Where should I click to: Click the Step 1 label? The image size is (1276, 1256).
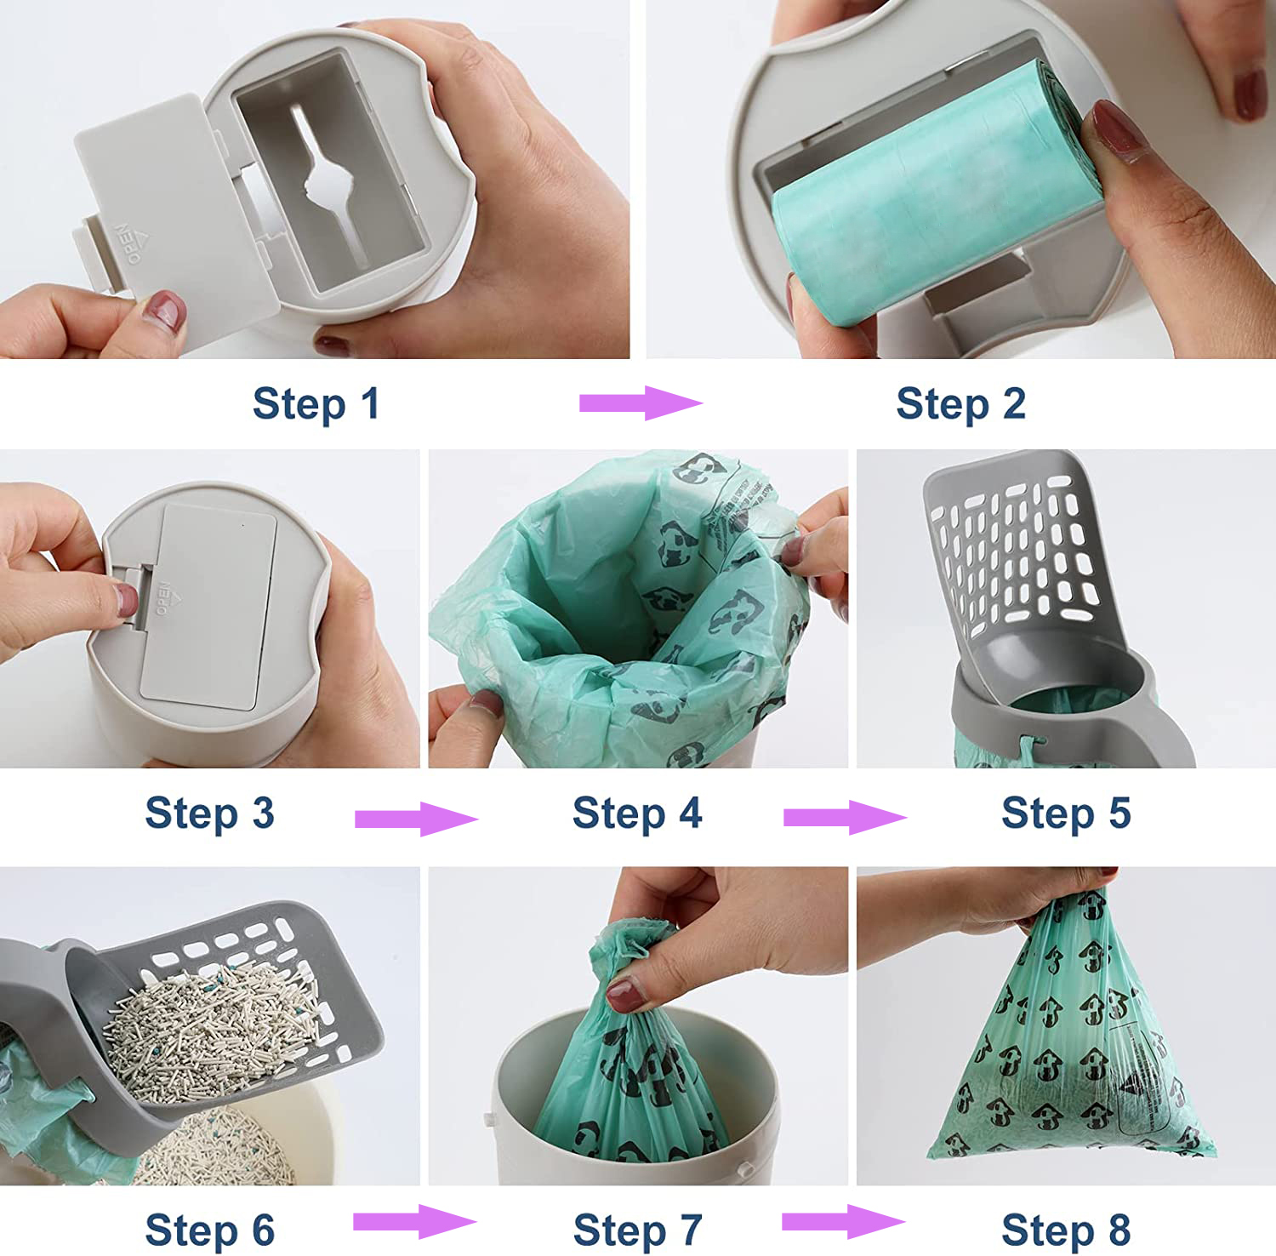[x=316, y=403]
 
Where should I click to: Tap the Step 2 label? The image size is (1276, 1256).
[x=960, y=403]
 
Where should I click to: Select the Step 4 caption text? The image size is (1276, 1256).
[x=637, y=813]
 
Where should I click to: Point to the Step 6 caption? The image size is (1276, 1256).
[x=209, y=1230]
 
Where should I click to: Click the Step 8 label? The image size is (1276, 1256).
[x=1066, y=1230]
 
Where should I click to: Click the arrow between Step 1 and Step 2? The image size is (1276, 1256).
[x=640, y=402]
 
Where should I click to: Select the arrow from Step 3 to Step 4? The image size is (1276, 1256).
[x=415, y=819]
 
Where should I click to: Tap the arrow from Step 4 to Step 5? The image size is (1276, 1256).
[x=844, y=818]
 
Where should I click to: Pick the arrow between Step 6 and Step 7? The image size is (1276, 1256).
[x=413, y=1222]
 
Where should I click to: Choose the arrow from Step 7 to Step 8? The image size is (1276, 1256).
[x=842, y=1222]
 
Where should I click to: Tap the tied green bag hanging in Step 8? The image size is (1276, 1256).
[x=1072, y=1047]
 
